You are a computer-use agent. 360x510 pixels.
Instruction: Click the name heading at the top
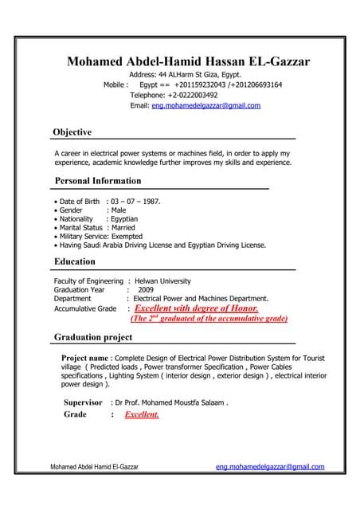click(189, 61)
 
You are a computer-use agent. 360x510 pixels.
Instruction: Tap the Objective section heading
click(72, 131)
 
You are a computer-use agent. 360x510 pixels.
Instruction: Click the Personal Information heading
click(97, 180)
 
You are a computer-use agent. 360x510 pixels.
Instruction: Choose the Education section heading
click(74, 261)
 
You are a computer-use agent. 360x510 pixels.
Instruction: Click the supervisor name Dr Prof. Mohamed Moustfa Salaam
click(171, 402)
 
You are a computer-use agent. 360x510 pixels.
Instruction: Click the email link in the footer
click(270, 466)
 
